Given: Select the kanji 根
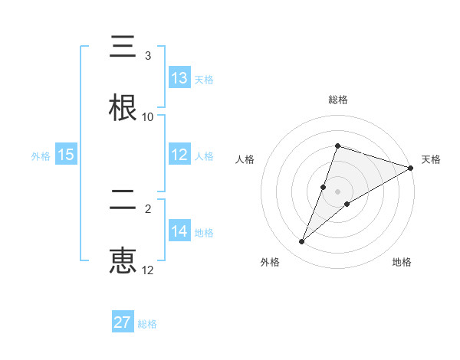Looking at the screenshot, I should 123,107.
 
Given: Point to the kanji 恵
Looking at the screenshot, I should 123,260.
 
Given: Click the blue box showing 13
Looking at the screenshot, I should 179,78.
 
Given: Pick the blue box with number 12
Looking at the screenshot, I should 179,155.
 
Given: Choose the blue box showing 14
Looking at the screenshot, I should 179,231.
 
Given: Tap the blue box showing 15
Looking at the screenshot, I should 66,155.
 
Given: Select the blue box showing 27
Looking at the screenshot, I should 123,322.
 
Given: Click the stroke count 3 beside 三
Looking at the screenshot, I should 148,56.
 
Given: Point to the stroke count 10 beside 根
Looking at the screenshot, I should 148,116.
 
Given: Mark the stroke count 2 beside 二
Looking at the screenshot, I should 148,208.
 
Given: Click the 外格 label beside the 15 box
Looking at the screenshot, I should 41,155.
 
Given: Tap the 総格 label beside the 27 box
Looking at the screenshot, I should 147,323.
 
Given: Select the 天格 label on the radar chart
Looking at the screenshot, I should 431,159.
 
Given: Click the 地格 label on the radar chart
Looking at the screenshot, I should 402,262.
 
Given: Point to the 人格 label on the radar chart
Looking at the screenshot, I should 245,159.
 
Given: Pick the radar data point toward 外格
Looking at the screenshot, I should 302,242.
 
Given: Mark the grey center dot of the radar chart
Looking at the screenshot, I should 338,191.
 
